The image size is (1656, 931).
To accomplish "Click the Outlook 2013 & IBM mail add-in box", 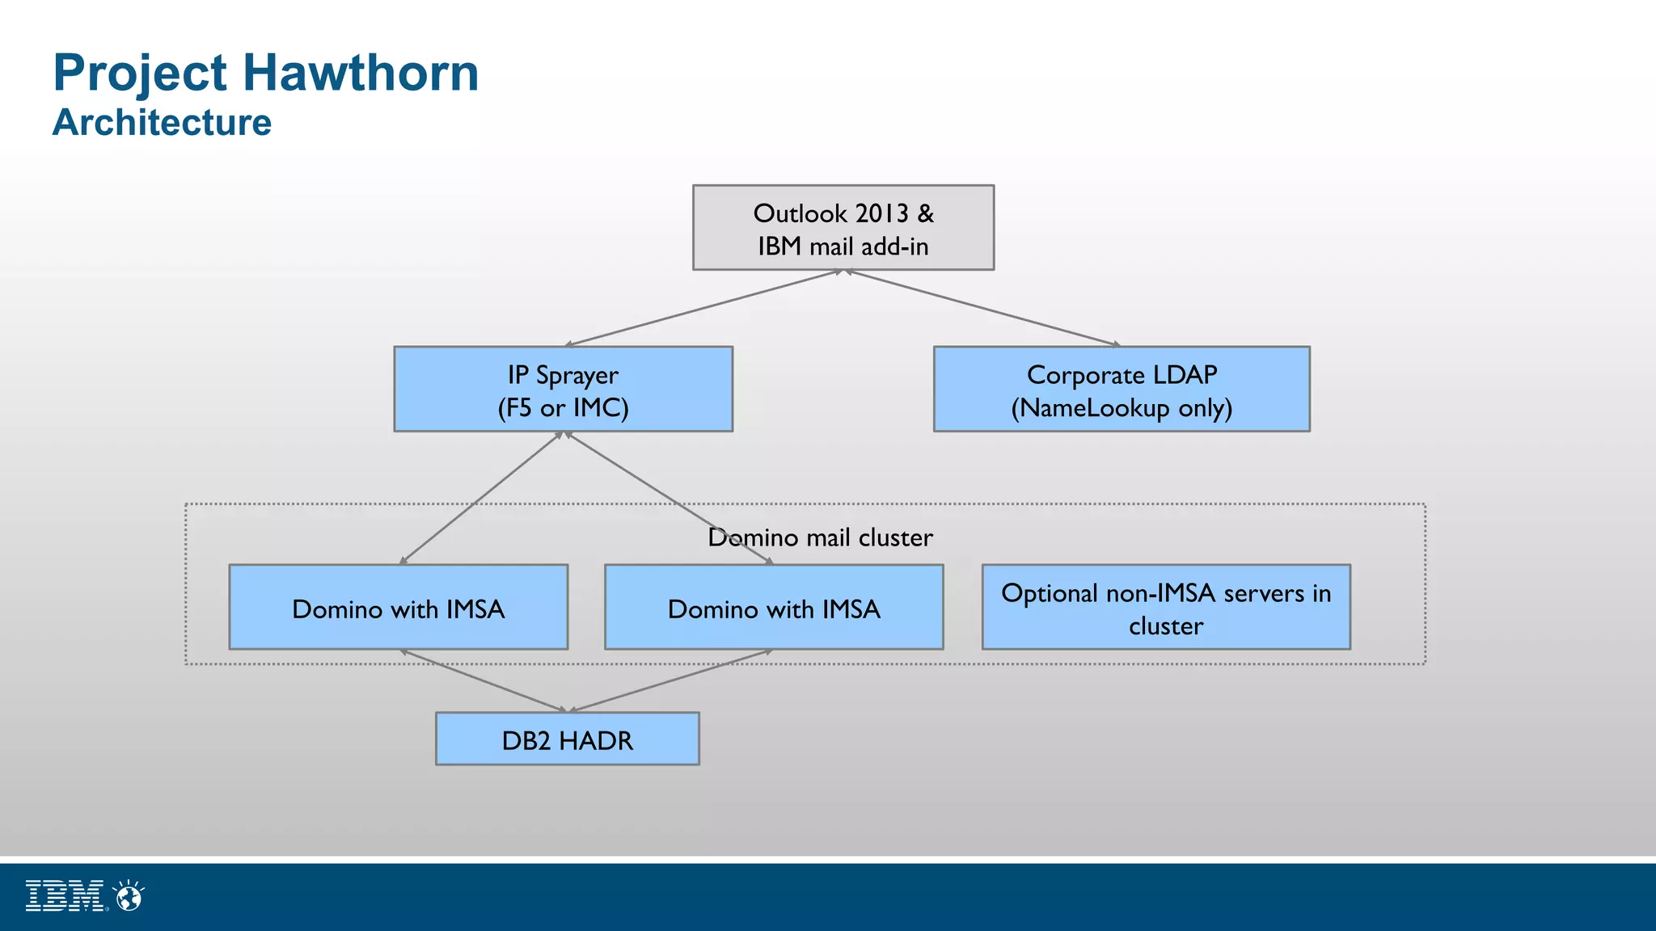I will [x=843, y=228].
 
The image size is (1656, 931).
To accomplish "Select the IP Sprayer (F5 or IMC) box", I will [x=563, y=390].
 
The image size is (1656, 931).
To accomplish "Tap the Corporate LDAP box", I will [x=1122, y=390].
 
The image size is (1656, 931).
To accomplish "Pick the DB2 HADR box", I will [x=567, y=739].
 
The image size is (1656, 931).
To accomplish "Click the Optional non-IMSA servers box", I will [x=1165, y=608].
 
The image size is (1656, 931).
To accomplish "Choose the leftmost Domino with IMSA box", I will [x=398, y=608].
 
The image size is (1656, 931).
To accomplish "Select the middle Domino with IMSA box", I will [x=773, y=608].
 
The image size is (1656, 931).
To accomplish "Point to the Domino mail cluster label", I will [x=820, y=537].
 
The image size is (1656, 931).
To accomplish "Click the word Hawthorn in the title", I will [x=361, y=73].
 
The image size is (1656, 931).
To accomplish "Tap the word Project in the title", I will [x=140, y=73].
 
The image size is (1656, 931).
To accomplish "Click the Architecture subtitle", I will [x=162, y=123].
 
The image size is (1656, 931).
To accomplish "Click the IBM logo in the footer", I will [x=65, y=896].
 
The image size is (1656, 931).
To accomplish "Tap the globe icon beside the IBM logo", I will [x=129, y=896].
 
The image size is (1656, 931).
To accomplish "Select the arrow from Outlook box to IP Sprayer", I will [x=703, y=308].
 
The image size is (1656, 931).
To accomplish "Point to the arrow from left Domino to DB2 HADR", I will [x=485, y=680].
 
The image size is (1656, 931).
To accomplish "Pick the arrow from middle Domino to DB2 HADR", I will [x=671, y=680].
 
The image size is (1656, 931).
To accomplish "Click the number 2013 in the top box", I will [x=881, y=213].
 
